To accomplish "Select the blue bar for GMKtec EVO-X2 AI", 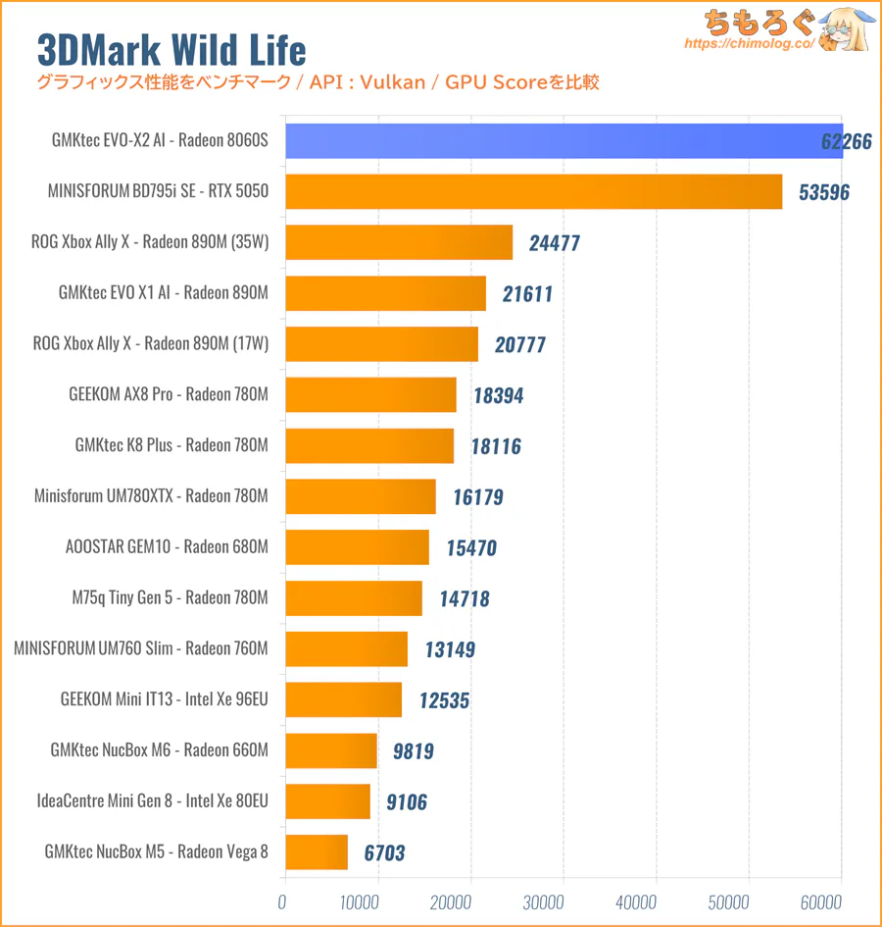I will click(563, 141).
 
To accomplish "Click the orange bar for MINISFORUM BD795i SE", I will click(533, 192).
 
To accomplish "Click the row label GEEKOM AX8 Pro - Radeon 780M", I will click(168, 394).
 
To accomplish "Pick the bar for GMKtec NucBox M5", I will click(316, 851).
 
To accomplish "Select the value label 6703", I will click(384, 852).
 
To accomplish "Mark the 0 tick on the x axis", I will click(283, 901).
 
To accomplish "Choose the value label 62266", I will click(846, 141).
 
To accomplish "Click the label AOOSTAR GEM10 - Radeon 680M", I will click(167, 546).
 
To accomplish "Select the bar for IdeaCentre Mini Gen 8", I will click(327, 801).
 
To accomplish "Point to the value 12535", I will click(444, 700).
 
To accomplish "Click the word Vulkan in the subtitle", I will click(392, 82).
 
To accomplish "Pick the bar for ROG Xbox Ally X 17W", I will click(381, 344).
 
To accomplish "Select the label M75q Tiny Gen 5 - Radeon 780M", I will click(170, 597).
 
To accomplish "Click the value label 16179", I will click(477, 496).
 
